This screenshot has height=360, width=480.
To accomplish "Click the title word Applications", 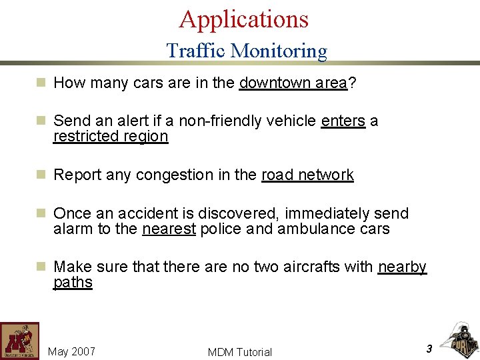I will (x=243, y=19).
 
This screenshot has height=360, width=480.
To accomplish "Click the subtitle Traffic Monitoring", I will (x=247, y=51).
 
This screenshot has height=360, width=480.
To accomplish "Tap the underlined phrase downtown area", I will (x=293, y=83).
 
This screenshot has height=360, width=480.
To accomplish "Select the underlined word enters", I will (x=343, y=121).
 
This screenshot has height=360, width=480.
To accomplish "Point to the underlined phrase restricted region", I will (x=111, y=136).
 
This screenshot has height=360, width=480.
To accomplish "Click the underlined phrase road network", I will (x=307, y=175).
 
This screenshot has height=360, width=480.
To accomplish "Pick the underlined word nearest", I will (x=169, y=229).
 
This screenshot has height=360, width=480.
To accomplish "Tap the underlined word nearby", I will (x=402, y=267).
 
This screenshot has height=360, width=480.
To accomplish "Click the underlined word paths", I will (x=73, y=282).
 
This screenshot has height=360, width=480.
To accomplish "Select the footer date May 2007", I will (x=72, y=351).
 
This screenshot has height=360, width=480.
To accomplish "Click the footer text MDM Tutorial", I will (x=240, y=352).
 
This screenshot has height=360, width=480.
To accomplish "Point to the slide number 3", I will (x=429, y=348).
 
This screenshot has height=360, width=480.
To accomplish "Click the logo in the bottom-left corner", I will (x=19, y=341).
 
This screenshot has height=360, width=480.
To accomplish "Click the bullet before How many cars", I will (x=41, y=83).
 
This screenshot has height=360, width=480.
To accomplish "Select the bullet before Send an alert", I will (x=41, y=121).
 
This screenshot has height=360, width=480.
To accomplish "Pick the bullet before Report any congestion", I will (x=41, y=175).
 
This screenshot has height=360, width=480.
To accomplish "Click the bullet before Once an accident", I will (x=41, y=213).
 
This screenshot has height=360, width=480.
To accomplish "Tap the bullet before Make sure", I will (x=41, y=267).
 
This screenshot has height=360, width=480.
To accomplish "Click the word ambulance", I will (x=315, y=229).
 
